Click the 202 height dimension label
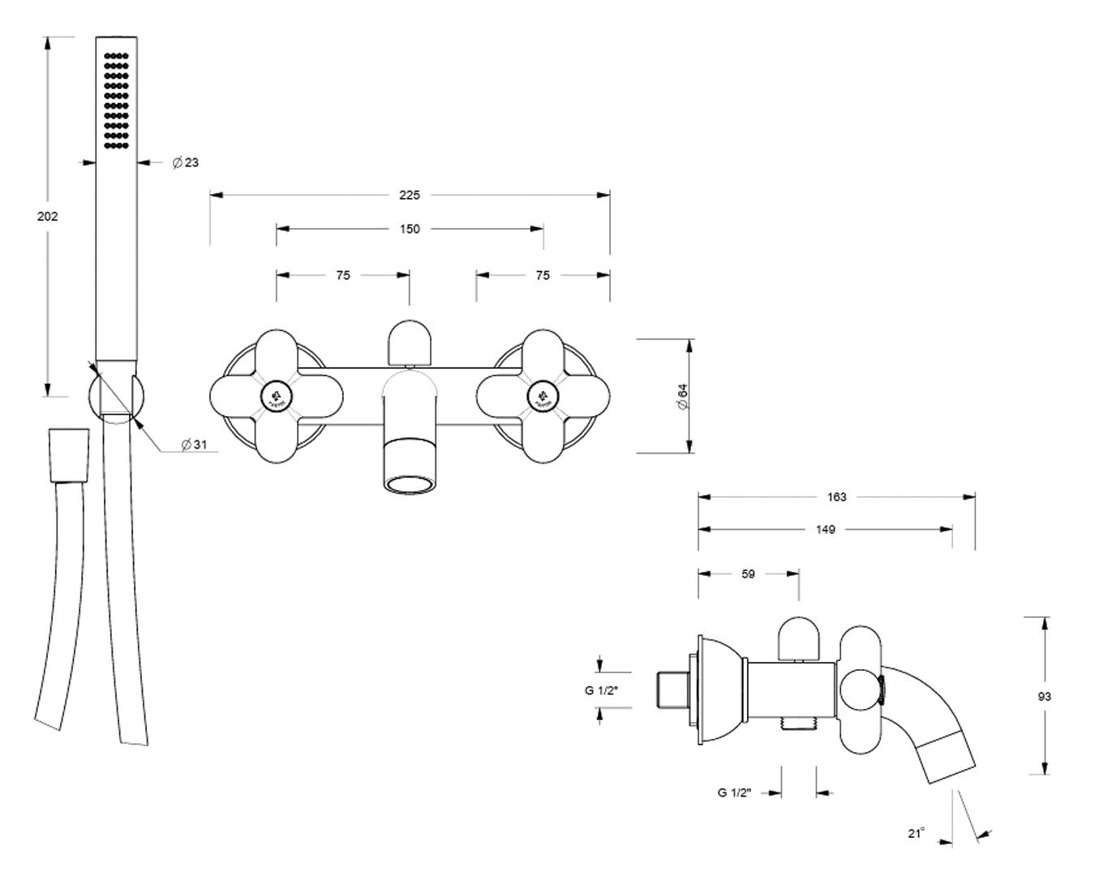[48, 217]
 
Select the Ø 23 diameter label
[186, 163]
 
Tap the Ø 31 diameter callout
[195, 444]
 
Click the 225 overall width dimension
[410, 195]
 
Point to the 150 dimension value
[410, 229]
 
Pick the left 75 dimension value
[343, 275]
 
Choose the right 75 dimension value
[543, 275]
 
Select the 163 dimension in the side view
[836, 496]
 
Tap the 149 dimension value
[826, 529]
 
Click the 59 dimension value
[748, 573]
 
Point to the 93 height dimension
[1044, 696]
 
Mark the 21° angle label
[917, 833]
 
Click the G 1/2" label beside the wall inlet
[601, 690]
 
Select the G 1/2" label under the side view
[735, 792]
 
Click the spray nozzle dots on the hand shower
[117, 101]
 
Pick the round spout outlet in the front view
[409, 485]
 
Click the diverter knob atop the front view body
[409, 341]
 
